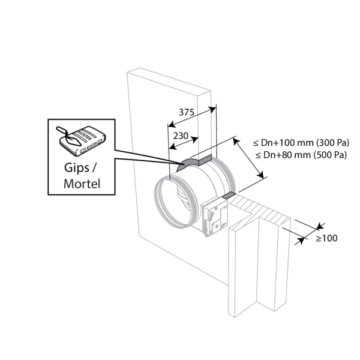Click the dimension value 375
tap(188, 112)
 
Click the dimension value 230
tap(182, 136)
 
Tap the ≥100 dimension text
tap(326, 238)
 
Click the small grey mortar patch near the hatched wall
tap(229, 196)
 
